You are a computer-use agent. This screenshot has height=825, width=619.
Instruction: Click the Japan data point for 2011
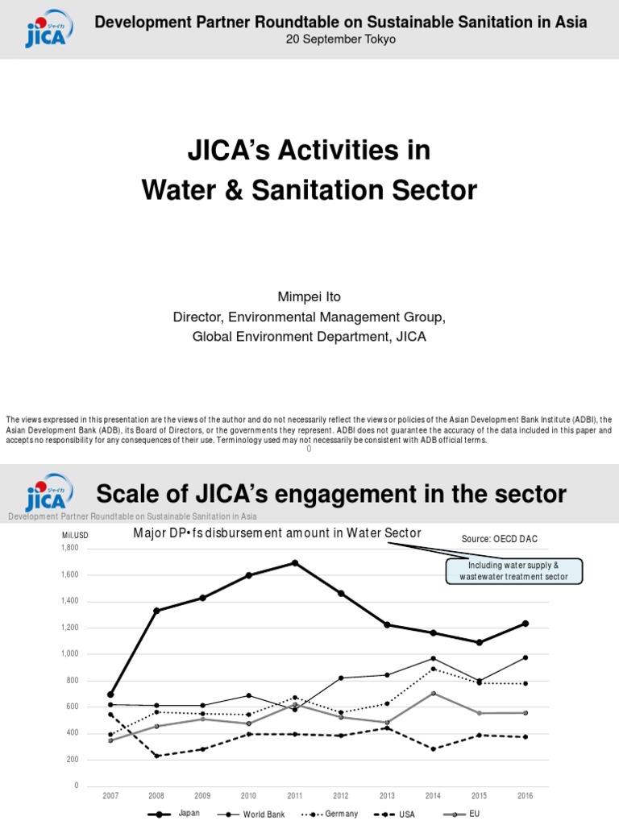295,562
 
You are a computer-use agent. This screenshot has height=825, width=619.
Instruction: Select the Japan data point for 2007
110,694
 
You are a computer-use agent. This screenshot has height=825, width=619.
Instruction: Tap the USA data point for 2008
156,756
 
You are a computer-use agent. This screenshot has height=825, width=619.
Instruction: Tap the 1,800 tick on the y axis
69,548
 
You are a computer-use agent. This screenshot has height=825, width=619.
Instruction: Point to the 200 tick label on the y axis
73,760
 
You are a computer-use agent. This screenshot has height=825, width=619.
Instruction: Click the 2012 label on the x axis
341,795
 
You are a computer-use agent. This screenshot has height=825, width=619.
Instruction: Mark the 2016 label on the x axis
525,795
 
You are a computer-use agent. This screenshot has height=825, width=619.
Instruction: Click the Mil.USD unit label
74,535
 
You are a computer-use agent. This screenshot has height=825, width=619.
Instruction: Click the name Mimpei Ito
309,297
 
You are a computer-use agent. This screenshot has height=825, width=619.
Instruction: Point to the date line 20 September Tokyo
341,39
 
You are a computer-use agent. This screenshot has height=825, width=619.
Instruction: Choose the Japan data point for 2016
525,623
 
